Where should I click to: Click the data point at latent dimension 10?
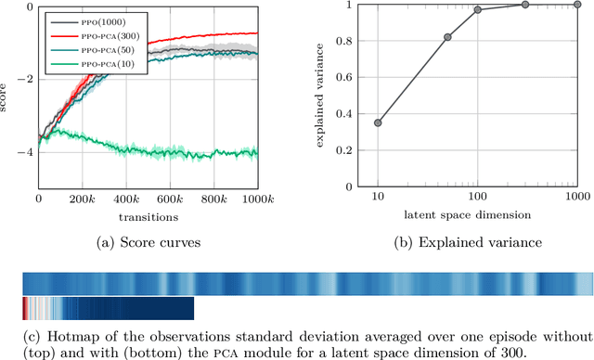click(378, 122)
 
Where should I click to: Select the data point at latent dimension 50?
click(447, 37)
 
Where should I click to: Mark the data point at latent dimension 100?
click(478, 10)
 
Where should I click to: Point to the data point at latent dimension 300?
click(525, 5)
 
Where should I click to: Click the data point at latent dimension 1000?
click(576, 5)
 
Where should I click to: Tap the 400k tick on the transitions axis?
click(126, 199)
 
